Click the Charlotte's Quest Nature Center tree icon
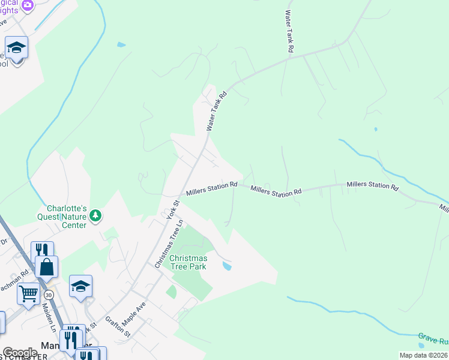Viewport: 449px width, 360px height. (x=94, y=215)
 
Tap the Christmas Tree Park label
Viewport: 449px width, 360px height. (x=188, y=262)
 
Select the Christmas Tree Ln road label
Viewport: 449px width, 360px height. (x=168, y=244)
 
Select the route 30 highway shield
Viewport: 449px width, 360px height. (x=48, y=295)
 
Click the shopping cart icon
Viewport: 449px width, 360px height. (x=28, y=295)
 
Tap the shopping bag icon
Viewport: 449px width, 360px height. (x=46, y=266)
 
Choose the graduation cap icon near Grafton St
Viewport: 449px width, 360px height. (x=80, y=286)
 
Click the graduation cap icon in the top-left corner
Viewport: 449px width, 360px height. (x=16, y=47)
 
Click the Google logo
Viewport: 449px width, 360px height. (x=20, y=352)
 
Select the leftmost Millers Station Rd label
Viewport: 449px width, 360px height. (x=212, y=188)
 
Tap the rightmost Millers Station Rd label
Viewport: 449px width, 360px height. (x=372, y=187)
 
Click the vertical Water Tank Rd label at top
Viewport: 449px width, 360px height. (x=289, y=31)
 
